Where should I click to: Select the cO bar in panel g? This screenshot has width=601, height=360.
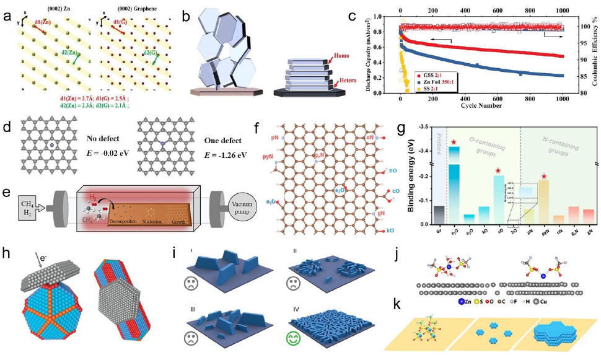pyautogui.click(x=498, y=199)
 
